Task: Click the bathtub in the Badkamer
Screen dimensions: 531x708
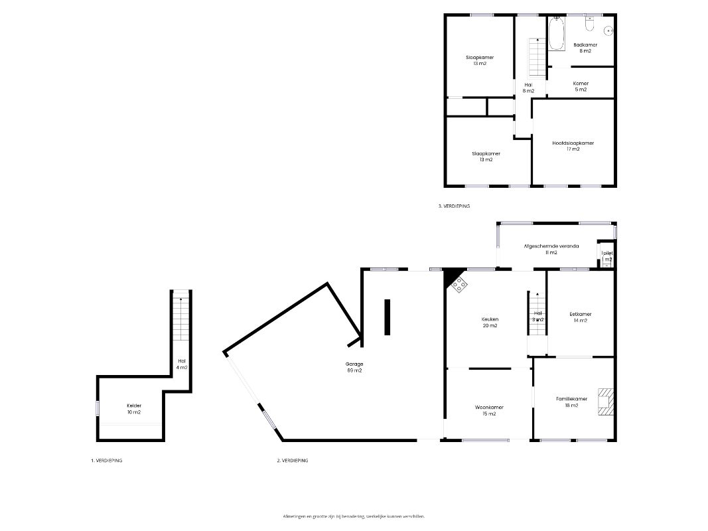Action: (556, 34)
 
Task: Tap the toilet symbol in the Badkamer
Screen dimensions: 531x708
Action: (589, 25)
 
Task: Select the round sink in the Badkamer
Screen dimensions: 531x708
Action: (609, 30)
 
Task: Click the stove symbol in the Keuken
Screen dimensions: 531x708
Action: (459, 285)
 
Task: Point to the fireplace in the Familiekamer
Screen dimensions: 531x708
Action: (604, 402)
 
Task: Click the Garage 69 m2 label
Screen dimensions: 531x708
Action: (354, 367)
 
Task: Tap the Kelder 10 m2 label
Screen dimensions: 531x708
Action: (134, 409)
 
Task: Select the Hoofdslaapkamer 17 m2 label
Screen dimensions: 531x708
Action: (573, 146)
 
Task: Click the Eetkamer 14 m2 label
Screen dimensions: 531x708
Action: (580, 317)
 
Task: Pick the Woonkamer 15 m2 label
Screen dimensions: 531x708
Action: (489, 410)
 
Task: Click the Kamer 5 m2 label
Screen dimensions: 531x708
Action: (581, 86)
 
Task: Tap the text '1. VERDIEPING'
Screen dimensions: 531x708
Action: (106, 460)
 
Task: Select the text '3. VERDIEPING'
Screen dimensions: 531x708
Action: (454, 206)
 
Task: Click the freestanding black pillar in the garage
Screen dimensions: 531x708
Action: (388, 317)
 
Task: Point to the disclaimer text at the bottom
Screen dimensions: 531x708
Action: (354, 516)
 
